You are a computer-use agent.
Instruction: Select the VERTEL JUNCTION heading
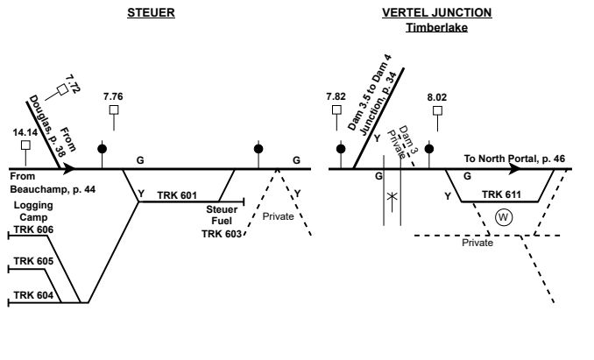click(436, 12)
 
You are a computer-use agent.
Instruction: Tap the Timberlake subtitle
click(436, 27)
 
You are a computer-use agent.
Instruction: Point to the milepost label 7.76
click(114, 95)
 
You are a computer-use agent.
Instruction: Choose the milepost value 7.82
click(336, 95)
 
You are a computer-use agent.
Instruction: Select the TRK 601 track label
click(177, 194)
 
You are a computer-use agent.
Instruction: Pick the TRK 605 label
click(34, 262)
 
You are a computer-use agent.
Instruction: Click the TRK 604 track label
click(34, 296)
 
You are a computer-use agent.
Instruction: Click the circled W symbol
click(501, 216)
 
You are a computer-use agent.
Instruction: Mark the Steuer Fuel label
click(223, 215)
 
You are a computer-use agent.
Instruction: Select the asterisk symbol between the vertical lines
click(392, 199)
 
